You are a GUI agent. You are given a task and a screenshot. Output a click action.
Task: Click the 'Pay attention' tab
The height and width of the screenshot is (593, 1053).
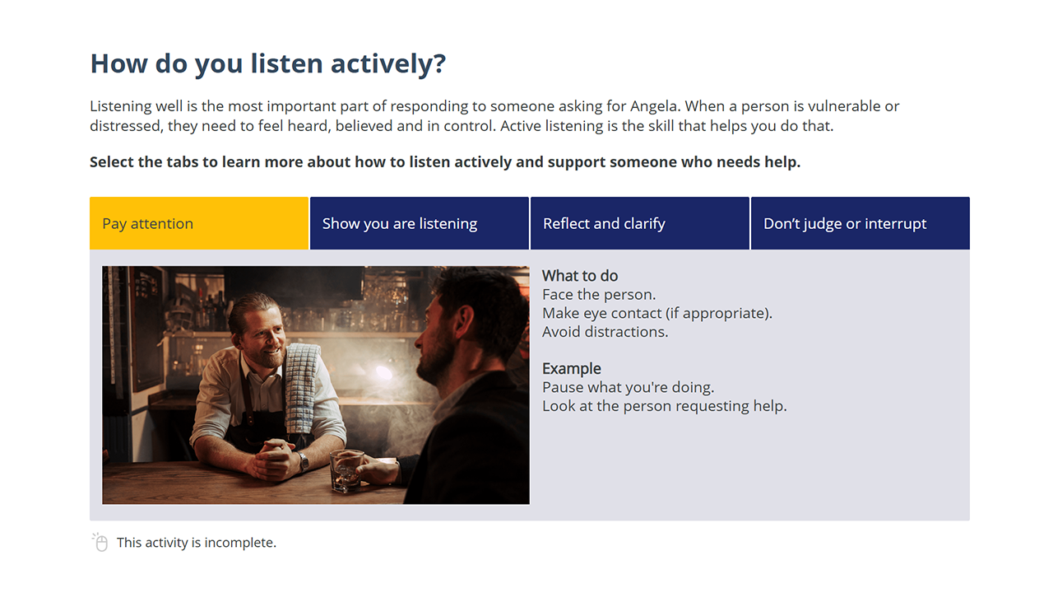[x=199, y=223]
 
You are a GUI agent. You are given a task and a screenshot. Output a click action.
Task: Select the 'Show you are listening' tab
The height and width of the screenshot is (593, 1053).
[x=420, y=223]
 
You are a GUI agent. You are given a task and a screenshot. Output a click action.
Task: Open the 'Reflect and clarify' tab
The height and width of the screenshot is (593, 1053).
[x=640, y=223]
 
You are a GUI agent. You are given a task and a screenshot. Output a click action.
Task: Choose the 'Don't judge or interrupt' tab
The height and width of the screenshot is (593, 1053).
[x=860, y=223]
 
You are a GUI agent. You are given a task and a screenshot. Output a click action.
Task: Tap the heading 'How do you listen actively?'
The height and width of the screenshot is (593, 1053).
[x=267, y=64]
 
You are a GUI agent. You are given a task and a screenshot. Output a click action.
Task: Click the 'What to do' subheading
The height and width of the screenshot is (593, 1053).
[x=580, y=276]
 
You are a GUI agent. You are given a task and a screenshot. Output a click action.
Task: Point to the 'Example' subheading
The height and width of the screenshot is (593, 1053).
[x=572, y=368]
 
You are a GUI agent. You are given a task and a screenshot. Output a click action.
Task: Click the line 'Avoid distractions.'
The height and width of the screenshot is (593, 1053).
[x=605, y=332]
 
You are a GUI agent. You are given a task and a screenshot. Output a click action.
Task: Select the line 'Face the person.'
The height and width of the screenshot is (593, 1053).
[x=599, y=294]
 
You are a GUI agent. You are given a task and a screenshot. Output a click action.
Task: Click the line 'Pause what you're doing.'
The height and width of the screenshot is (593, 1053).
[x=628, y=387]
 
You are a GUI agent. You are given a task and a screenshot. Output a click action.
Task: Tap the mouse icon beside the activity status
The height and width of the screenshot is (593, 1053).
[x=100, y=542]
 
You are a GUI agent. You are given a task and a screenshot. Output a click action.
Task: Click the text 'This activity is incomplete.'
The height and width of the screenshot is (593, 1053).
[x=197, y=543]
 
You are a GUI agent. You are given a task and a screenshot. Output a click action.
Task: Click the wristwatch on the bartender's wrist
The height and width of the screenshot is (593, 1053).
[x=303, y=462]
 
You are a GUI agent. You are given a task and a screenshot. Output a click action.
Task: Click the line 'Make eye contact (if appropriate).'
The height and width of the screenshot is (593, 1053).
[x=657, y=313]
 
